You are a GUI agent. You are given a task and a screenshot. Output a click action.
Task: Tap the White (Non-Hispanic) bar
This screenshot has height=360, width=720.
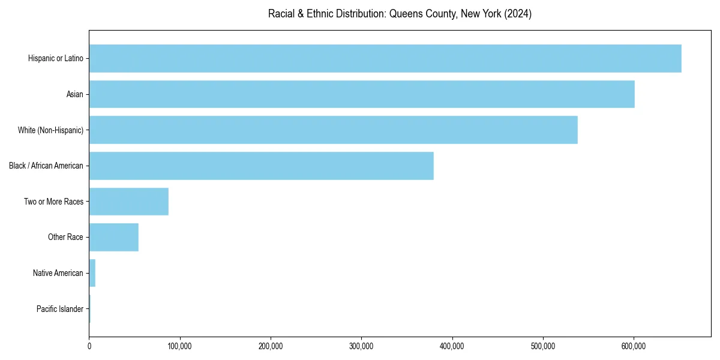tap(333, 130)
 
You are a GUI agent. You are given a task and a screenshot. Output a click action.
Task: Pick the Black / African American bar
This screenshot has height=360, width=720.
tap(261, 166)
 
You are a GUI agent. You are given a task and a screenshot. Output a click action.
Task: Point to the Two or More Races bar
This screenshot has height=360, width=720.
tap(128, 202)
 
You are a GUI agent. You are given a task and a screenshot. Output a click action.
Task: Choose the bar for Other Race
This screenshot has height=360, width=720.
tap(113, 237)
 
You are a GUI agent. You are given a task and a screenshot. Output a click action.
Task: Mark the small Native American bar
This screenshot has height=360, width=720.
tap(92, 273)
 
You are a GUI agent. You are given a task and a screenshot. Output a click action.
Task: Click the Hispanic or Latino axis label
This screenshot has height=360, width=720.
tap(55, 58)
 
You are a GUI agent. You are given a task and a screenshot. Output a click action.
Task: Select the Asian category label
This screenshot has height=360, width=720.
tap(75, 94)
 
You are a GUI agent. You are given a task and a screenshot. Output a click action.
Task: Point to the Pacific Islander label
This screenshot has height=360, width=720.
tap(59, 309)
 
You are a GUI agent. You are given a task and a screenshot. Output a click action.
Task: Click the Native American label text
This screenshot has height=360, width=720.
tap(58, 273)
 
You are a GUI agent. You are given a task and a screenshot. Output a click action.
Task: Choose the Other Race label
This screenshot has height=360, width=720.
tap(65, 237)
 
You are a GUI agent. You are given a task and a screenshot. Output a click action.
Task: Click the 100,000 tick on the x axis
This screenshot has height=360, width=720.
tap(179, 346)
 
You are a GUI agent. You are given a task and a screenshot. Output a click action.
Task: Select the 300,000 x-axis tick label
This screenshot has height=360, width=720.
tap(361, 346)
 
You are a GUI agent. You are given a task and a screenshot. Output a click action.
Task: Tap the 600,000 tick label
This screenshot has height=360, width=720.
tap(634, 346)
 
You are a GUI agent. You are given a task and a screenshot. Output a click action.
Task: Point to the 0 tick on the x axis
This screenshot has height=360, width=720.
tap(89, 346)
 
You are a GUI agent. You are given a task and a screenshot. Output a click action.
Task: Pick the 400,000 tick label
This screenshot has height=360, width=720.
tap(452, 346)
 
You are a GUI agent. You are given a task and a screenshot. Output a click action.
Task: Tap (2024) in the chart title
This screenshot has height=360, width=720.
tap(518, 14)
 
